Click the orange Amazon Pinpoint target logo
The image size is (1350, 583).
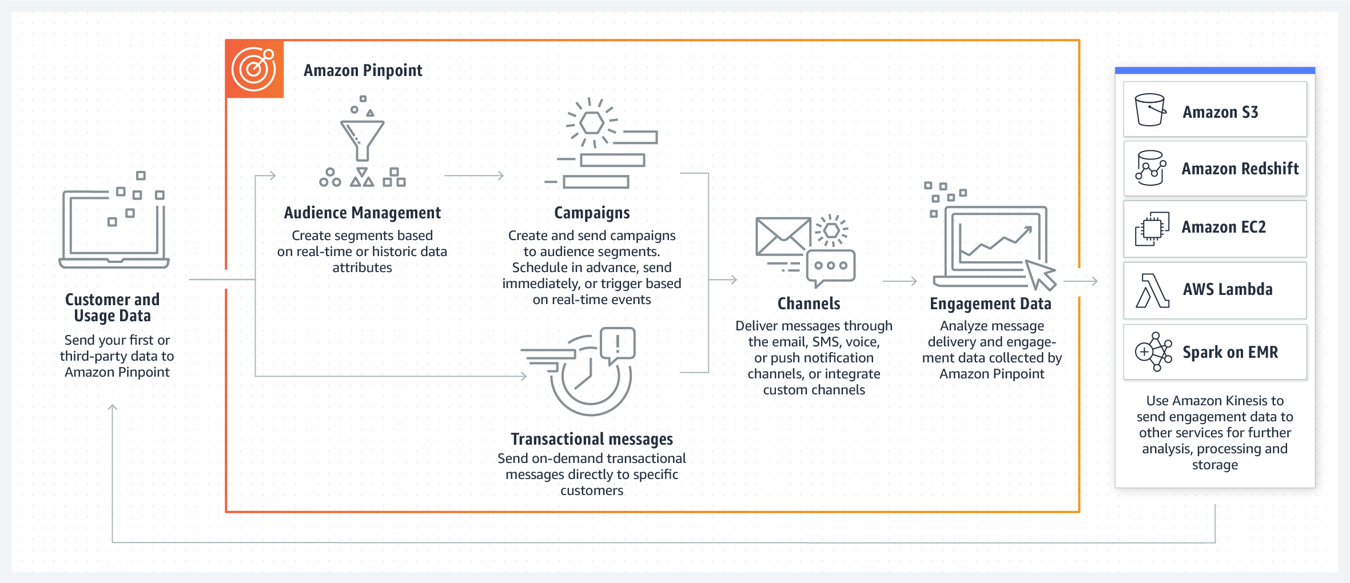254,69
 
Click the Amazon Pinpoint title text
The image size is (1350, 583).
363,70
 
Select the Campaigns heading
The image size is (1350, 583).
592,213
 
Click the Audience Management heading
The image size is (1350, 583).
363,213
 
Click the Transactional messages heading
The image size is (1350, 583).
592,439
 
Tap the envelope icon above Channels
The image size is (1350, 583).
783,236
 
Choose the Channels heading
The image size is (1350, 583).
809,304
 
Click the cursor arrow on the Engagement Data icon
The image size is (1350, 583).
1040,274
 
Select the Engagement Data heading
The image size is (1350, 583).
991,304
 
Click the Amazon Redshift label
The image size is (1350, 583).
1240,169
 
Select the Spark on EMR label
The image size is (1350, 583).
1230,352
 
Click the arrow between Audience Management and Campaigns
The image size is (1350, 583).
474,175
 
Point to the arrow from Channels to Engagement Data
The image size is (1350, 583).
900,281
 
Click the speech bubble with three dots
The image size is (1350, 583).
831,267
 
